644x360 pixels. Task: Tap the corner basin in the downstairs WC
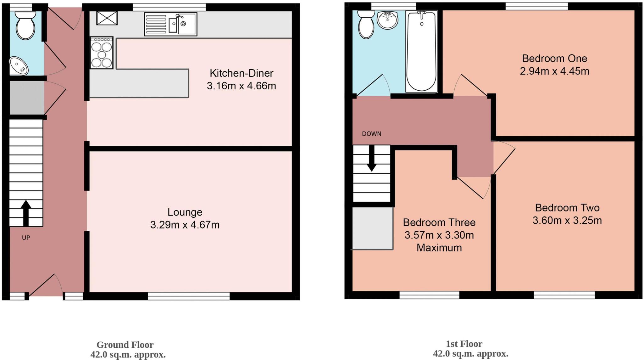[18, 66]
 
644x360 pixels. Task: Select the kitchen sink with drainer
[171, 24]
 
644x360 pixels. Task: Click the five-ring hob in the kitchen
[102, 53]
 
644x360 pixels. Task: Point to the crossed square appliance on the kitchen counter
[107, 18]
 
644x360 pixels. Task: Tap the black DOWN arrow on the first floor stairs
[372, 159]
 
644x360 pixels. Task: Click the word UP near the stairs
[26, 238]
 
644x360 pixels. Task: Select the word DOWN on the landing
[371, 134]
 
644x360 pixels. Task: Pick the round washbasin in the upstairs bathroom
[388, 20]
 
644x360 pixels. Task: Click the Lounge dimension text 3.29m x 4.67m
[185, 225]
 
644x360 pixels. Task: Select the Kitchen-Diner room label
[241, 73]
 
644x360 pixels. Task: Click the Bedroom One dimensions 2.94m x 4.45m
[554, 71]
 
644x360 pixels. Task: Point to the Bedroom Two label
[567, 208]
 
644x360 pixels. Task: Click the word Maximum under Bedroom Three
[439, 248]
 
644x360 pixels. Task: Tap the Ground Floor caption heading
[125, 345]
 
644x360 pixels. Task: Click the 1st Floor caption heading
[464, 344]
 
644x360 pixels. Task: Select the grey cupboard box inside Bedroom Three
[372, 228]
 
